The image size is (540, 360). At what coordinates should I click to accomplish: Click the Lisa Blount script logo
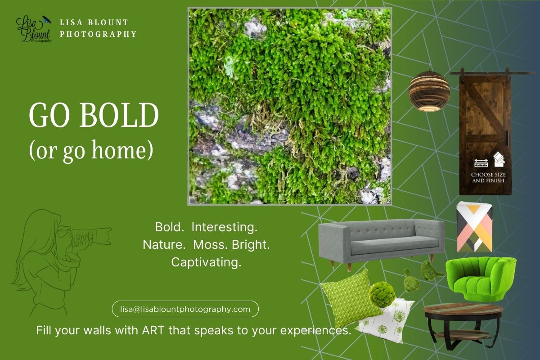34,29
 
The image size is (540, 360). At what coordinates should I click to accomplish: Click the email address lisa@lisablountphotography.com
185,309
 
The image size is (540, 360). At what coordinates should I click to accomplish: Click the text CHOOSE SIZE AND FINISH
487,177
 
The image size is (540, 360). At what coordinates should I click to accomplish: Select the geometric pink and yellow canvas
474,228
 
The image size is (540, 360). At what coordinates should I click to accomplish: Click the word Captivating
206,262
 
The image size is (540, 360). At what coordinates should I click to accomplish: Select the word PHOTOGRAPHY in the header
98,34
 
